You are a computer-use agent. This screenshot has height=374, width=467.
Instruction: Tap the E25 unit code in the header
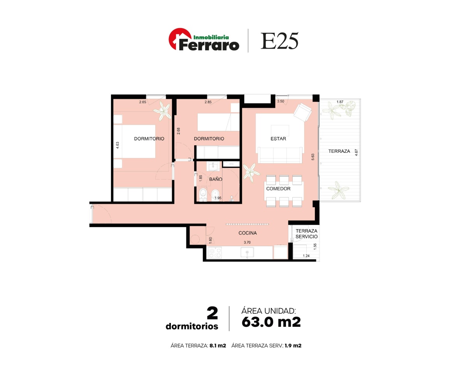click(x=279, y=41)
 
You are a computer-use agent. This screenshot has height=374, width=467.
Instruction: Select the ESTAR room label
click(x=278, y=139)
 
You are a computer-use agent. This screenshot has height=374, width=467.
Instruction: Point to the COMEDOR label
click(x=278, y=189)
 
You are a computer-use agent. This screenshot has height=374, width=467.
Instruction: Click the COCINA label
click(x=248, y=233)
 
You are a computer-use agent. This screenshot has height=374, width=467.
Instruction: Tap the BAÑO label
click(x=216, y=179)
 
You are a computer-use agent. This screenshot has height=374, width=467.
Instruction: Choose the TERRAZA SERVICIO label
click(x=306, y=234)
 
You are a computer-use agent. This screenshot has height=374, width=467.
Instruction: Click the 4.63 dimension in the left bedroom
click(x=118, y=145)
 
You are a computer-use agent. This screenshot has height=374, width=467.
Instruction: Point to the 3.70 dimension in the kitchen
click(x=247, y=242)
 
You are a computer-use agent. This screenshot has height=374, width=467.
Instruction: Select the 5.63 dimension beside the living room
click(x=313, y=157)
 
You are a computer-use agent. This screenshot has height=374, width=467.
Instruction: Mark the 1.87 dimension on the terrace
click(x=340, y=102)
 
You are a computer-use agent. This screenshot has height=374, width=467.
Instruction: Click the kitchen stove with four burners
click(x=215, y=253)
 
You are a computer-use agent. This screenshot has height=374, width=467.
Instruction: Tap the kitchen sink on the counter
click(x=247, y=252)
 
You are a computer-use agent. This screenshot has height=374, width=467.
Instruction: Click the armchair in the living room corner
click(x=303, y=112)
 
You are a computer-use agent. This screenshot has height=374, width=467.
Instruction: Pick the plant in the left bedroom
click(x=163, y=111)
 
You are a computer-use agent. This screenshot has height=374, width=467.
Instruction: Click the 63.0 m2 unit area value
click(x=271, y=322)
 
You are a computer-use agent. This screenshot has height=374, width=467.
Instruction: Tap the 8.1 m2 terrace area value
click(x=218, y=346)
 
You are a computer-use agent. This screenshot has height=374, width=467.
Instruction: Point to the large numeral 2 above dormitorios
click(x=212, y=313)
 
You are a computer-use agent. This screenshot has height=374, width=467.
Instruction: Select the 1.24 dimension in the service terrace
click(x=306, y=256)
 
